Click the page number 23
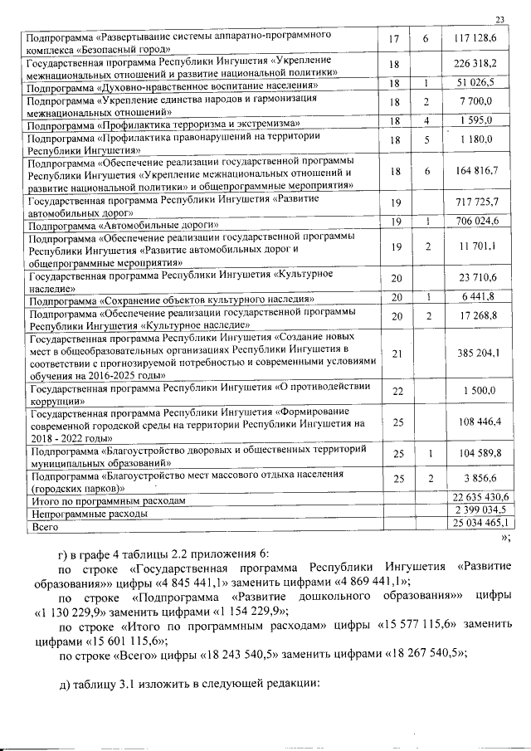coord(499,20)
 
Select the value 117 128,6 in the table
coord(475,40)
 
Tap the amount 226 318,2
coord(475,64)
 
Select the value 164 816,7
coord(475,170)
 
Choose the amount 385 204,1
coord(475,354)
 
